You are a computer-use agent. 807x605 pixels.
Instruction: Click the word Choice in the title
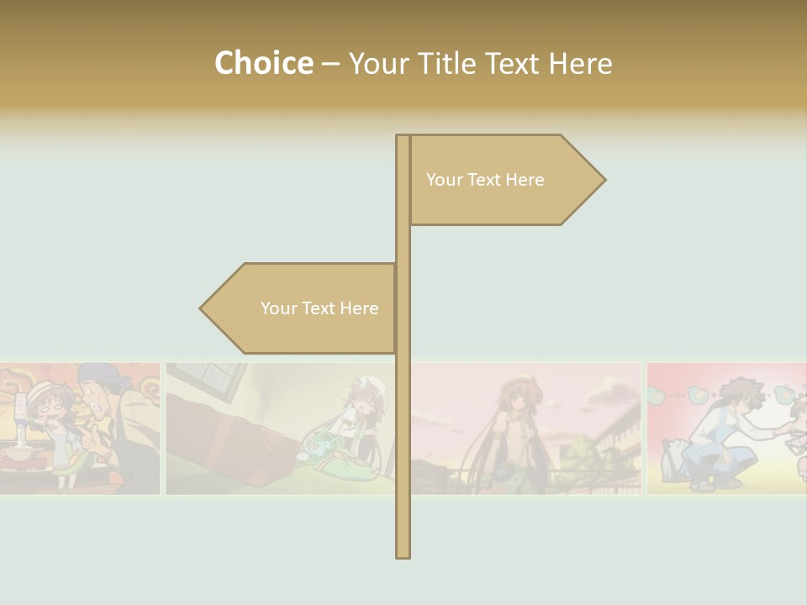point(263,64)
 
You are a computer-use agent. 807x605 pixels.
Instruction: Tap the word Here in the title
point(580,64)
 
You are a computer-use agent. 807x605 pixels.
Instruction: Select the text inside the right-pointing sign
point(485,180)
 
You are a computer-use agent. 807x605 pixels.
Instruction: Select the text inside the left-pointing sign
point(319,308)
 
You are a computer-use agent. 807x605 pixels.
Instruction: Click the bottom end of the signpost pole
point(403,555)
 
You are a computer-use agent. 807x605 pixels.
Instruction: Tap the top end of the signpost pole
point(403,138)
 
